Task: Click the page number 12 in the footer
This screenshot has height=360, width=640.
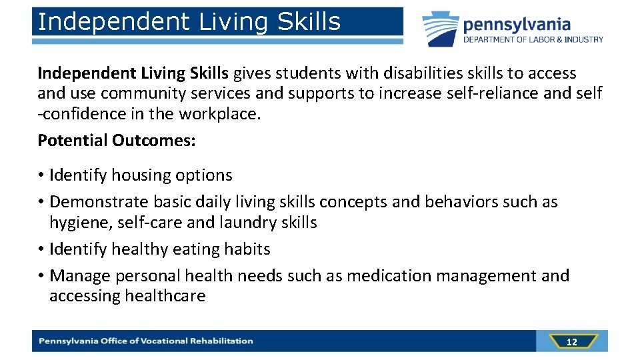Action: click(x=571, y=342)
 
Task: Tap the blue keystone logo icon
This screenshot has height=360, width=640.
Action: click(x=439, y=28)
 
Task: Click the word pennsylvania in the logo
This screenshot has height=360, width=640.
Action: click(x=517, y=25)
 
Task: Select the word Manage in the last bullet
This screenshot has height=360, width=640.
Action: click(x=80, y=276)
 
